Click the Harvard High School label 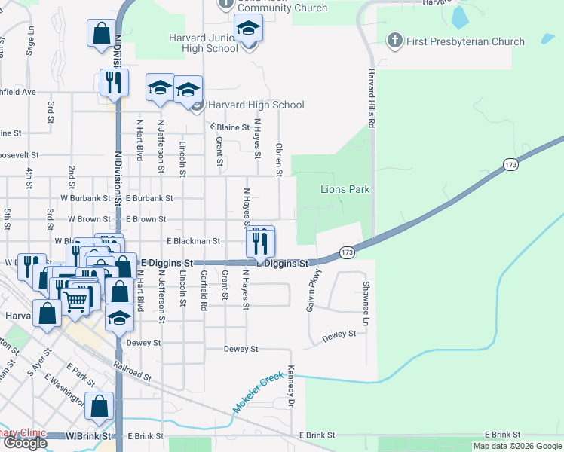(256, 105)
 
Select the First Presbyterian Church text (465, 41)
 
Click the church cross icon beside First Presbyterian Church (394, 41)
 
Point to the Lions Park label (345, 189)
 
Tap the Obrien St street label (279, 160)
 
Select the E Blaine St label (230, 127)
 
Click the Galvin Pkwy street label (309, 292)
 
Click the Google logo (24, 443)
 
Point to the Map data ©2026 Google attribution (517, 446)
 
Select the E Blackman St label (192, 241)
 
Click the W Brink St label (88, 436)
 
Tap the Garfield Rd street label (204, 292)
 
